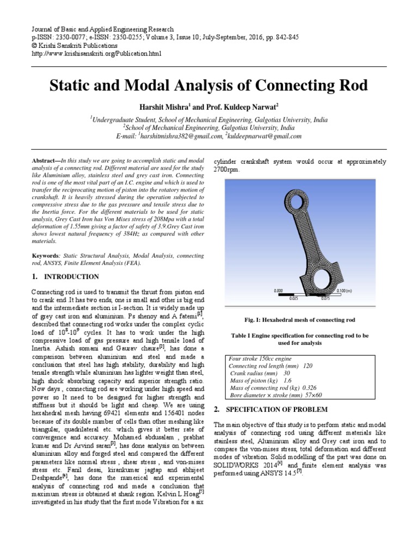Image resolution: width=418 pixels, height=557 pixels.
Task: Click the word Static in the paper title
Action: pyautogui.click(x=71, y=86)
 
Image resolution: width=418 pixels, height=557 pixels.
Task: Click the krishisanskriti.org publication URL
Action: pyautogui.click(x=97, y=54)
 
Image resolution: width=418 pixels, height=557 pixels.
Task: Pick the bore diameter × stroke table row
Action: pyautogui.click(x=275, y=395)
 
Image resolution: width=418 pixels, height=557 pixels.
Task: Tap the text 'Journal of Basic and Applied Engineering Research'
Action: pyautogui.click(x=103, y=29)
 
